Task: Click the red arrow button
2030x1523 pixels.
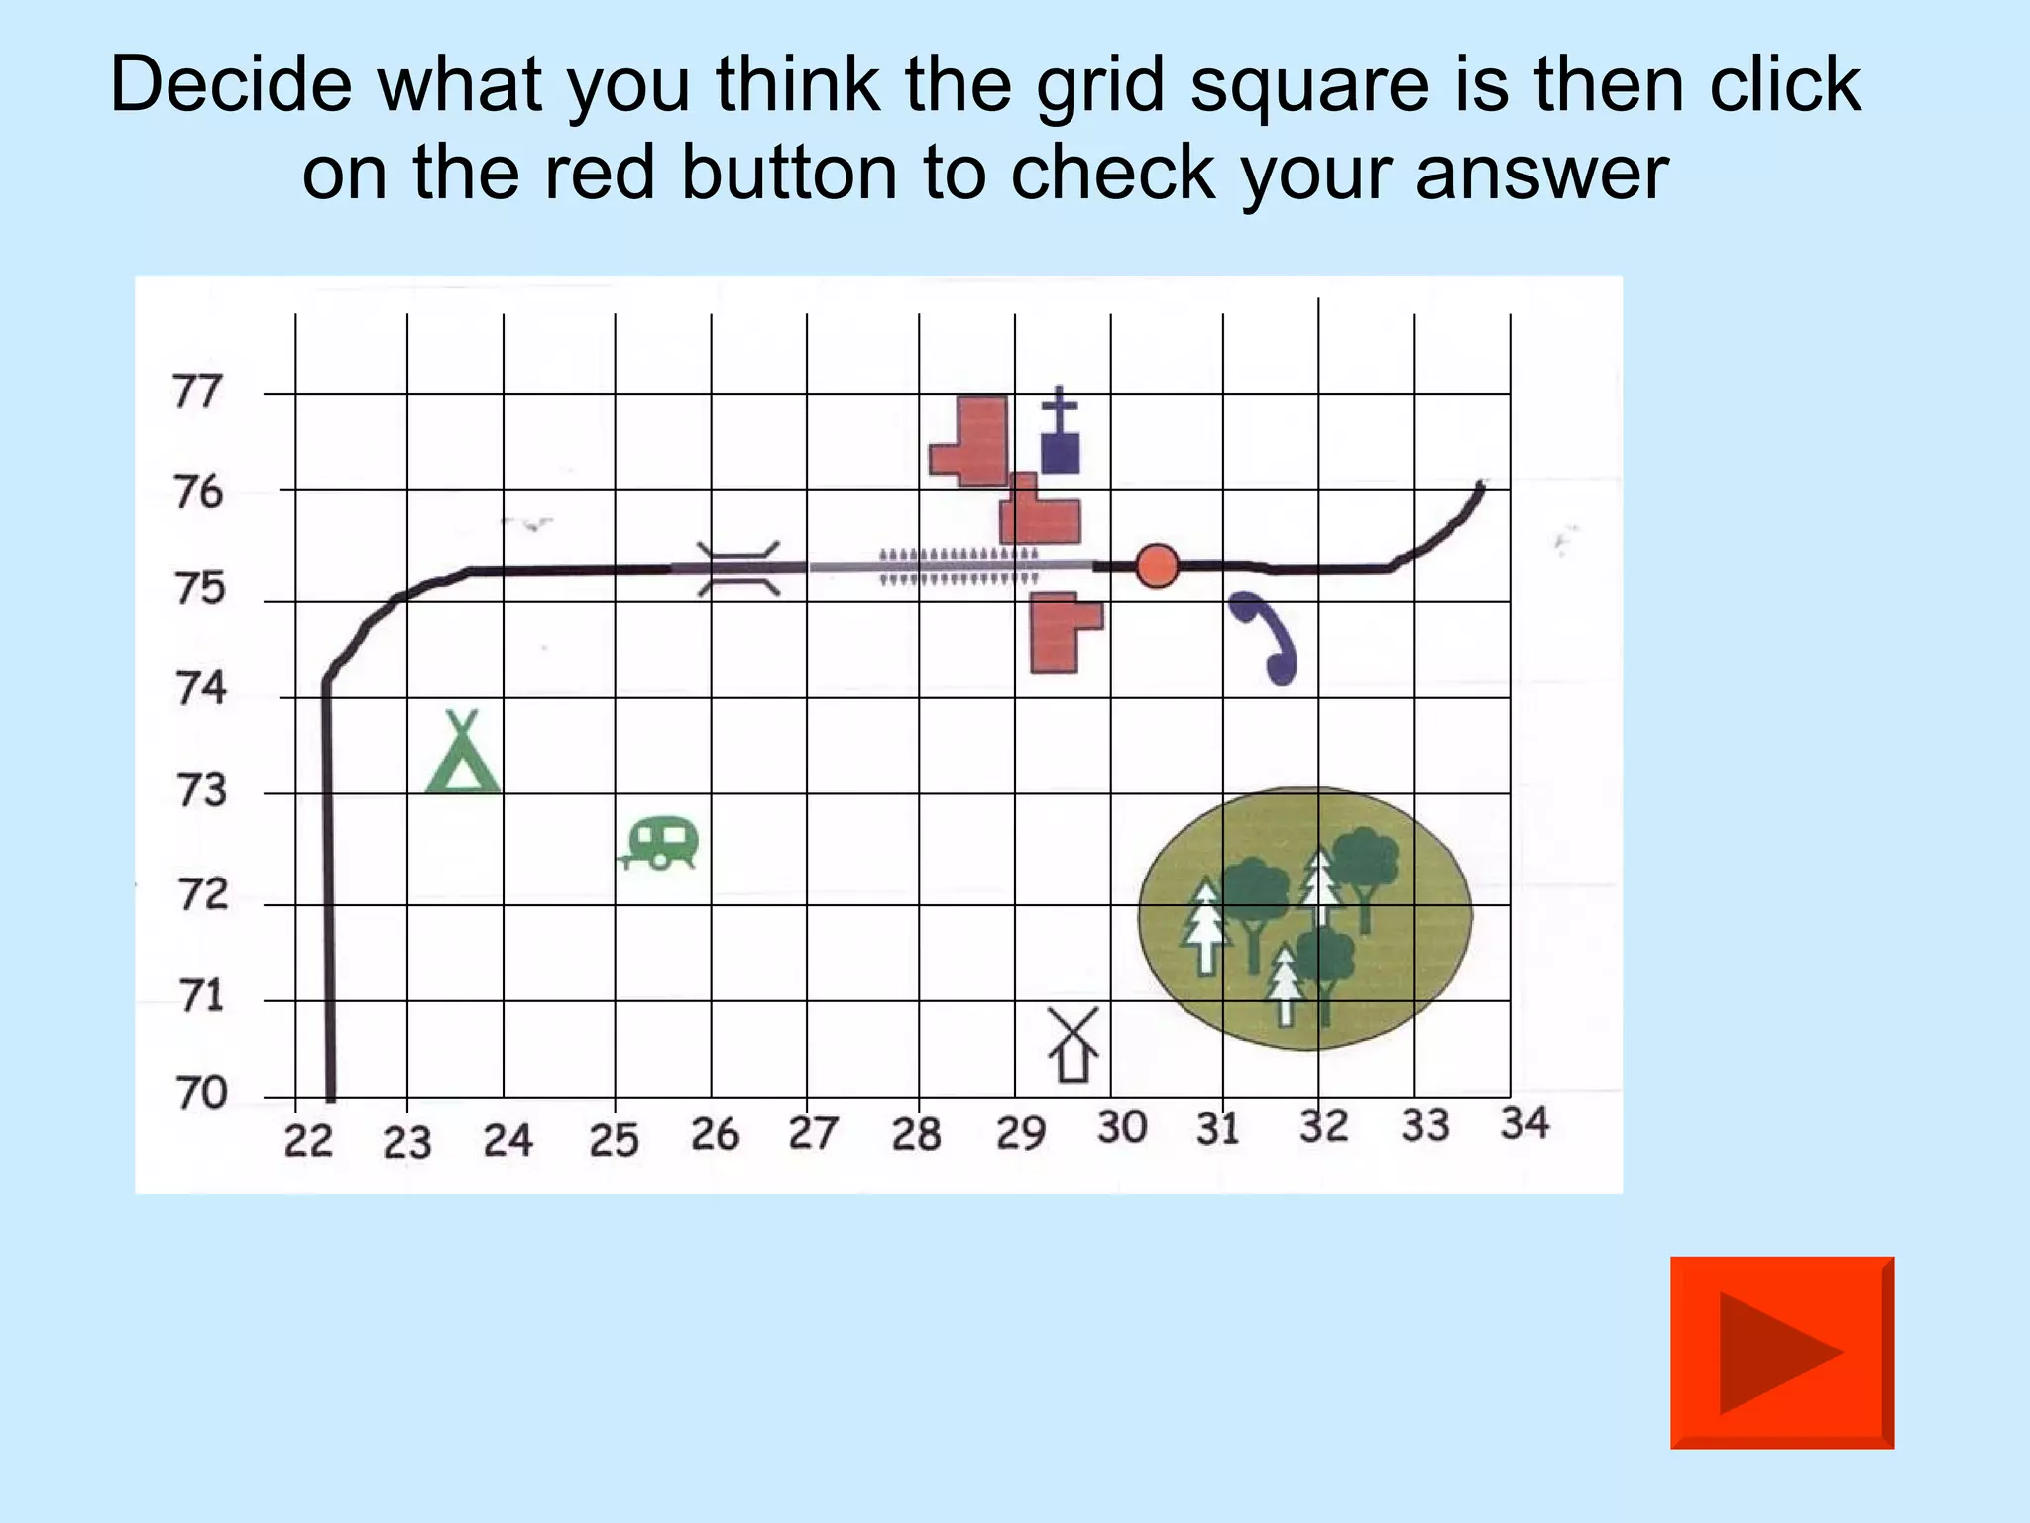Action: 1781,1352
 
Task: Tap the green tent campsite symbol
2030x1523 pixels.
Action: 462,756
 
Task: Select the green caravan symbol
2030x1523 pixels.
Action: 661,844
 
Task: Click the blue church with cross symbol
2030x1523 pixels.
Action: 1060,433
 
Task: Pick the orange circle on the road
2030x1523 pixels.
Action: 1156,566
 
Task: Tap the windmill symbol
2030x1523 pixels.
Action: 1073,1045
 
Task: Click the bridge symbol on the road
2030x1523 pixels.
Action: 737,568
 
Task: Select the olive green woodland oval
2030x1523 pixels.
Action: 1304,917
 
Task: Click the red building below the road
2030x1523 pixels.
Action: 1062,633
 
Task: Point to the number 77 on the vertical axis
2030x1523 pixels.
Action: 197,392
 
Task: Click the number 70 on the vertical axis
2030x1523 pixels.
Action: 202,1093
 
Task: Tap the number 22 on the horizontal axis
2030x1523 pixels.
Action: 308,1141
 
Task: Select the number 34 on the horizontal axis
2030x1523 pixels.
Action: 1523,1123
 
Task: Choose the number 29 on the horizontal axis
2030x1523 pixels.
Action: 1021,1133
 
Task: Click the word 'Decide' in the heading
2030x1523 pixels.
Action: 230,84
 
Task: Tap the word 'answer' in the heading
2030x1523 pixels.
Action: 1541,174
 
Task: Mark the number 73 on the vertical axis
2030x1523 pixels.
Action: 201,791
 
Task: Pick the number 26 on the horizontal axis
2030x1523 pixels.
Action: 715,1135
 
